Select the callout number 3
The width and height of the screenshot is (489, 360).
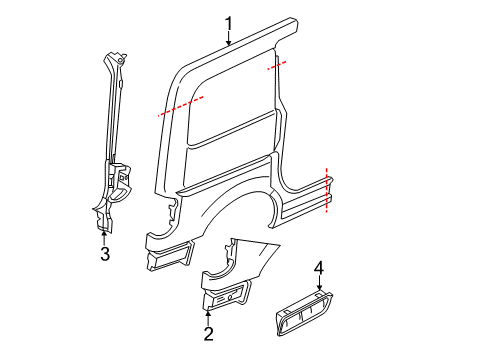104,254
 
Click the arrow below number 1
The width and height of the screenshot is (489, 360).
228,40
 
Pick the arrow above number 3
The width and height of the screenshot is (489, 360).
104,237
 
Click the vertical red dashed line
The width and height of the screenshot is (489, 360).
327,189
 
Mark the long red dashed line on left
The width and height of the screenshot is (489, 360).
180,107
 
